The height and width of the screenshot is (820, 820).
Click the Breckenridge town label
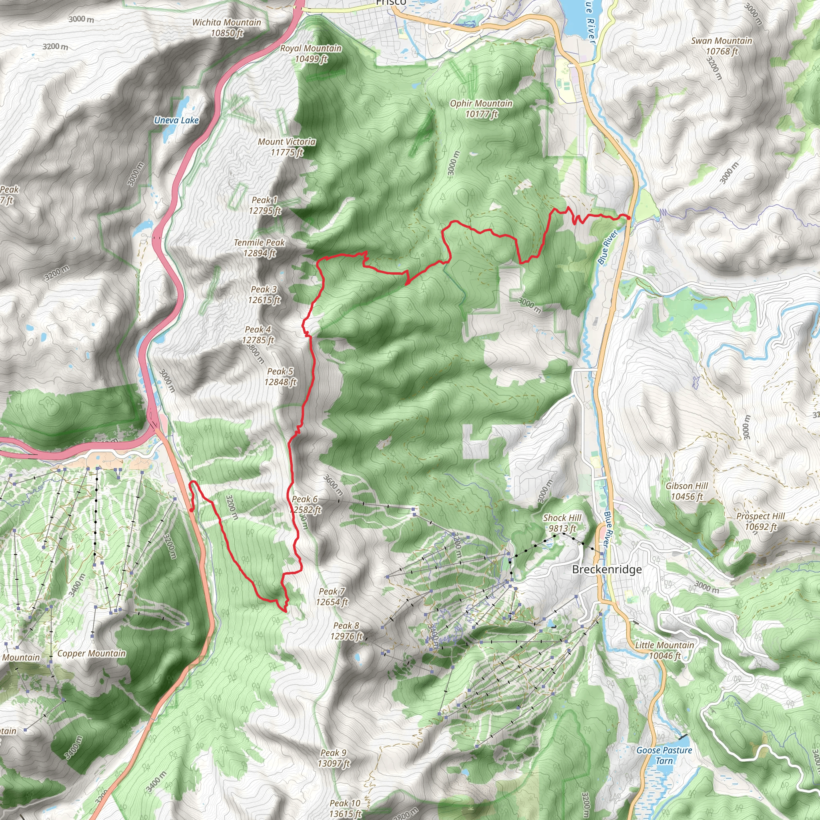point(607,569)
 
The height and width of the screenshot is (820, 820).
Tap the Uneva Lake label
point(176,120)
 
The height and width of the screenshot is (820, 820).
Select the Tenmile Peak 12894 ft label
point(259,247)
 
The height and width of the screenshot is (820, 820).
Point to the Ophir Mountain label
point(481,108)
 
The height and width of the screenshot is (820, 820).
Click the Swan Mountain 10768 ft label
point(722,46)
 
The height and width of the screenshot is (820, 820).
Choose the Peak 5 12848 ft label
point(280,376)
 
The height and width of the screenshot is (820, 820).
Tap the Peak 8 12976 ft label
point(346,631)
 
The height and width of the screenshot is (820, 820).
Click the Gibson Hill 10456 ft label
point(687,491)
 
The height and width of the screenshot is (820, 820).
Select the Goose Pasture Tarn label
point(664,755)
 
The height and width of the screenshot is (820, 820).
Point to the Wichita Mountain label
point(227,28)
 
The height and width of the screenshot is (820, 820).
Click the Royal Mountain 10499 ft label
point(311,54)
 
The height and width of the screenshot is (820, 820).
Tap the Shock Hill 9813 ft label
point(562,523)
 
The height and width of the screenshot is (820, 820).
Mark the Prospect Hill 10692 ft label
point(761,521)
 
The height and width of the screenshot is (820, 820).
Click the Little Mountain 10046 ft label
point(665,650)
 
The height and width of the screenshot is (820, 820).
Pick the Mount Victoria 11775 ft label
point(287,147)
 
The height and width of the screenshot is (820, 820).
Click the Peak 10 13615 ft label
point(345,808)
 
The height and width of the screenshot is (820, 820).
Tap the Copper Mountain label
point(91,653)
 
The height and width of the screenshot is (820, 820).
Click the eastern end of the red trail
point(629,218)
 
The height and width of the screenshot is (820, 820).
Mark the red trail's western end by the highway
point(192,510)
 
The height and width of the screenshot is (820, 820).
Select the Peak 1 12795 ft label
point(264,205)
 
